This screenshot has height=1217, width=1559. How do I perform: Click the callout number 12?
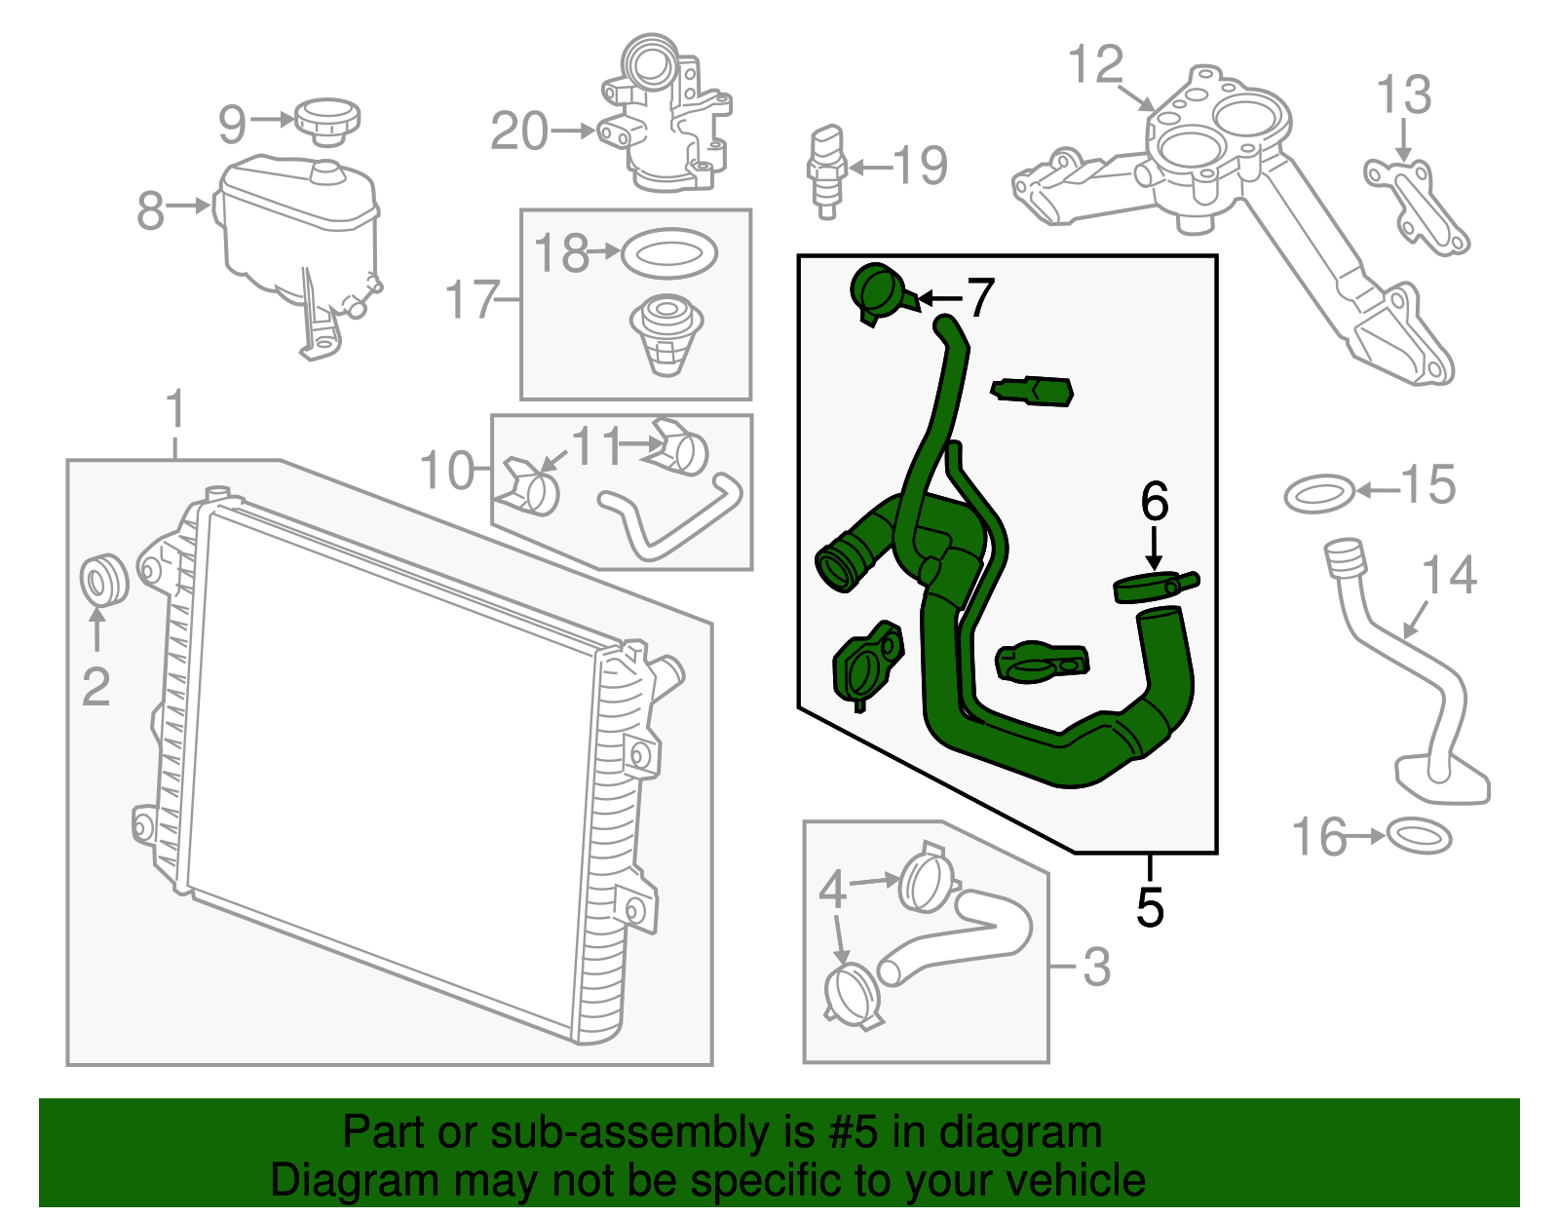coord(1095,65)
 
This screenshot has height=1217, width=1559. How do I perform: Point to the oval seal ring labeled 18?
coord(668,254)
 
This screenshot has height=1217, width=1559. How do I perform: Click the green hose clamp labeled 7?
coord(880,290)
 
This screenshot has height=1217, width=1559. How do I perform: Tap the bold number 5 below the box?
coord(1150,906)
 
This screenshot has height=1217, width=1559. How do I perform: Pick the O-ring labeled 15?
coord(1319,494)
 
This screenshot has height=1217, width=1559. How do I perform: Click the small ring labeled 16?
coord(1418,836)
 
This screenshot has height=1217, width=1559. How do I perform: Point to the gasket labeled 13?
coord(1416,206)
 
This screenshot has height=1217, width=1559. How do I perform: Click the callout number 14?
coord(1450,576)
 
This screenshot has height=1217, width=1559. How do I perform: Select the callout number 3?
coord(1096,967)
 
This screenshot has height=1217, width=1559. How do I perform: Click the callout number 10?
coord(445,471)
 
